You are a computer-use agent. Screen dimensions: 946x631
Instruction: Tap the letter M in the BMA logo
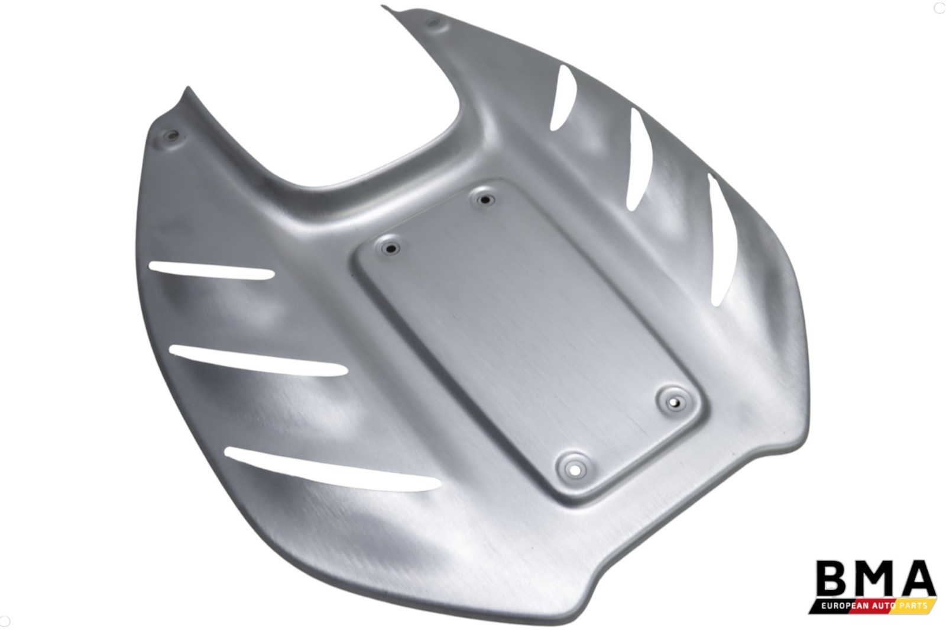(869, 578)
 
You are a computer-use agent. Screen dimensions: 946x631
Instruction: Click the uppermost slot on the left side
(211, 271)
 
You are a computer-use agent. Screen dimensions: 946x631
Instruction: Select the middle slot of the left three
(258, 360)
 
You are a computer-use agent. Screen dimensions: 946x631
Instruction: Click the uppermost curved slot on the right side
(563, 97)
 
